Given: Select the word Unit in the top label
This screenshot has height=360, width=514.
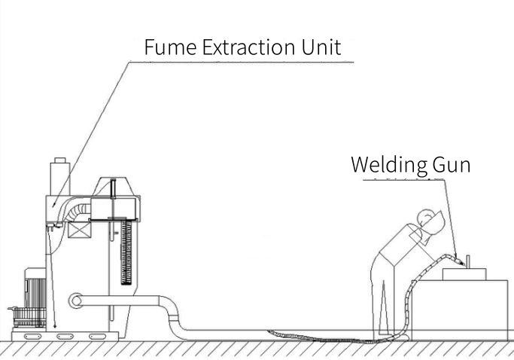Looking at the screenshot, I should click(322, 49).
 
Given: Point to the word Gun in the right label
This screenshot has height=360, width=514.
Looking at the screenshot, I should click(452, 165).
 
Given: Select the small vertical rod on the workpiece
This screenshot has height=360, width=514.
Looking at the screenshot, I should click(468, 261).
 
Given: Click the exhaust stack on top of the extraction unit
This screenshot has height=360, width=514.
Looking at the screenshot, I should click(59, 176).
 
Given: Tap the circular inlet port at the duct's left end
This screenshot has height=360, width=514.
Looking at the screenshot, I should click(75, 301).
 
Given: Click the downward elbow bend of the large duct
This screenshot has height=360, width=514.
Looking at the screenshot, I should click(169, 316).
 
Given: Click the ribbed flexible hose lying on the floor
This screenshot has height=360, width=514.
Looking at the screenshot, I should click(301, 333).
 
